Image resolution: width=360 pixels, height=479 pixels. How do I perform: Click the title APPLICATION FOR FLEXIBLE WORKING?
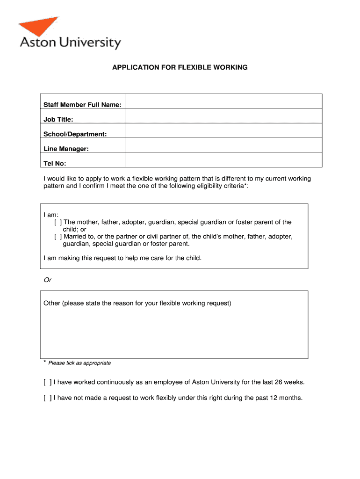tap(180, 67)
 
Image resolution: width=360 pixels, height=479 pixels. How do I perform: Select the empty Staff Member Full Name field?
tap(223, 102)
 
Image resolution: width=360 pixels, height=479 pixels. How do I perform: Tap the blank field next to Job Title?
tap(223, 116)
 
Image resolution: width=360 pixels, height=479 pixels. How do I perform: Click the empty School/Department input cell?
tap(223, 131)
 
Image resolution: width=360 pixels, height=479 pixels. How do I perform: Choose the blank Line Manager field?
tap(223, 145)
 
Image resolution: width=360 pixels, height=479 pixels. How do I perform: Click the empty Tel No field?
tap(223, 160)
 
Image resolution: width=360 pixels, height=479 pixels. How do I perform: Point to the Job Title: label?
tap(58, 120)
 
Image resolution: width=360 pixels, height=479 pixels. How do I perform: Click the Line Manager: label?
tap(66, 149)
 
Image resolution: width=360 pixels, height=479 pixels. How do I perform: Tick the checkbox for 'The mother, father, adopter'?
tap(58, 222)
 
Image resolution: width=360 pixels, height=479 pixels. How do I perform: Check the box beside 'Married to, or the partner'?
tap(58, 237)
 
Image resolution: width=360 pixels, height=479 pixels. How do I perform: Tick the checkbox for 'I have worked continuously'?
tap(47, 382)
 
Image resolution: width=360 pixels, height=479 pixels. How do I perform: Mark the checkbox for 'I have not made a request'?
tap(47, 398)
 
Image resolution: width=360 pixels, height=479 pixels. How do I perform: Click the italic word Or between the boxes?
tap(47, 280)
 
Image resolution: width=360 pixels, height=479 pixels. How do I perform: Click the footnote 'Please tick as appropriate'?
tap(79, 363)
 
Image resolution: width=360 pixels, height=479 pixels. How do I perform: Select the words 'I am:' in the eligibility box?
tap(51, 215)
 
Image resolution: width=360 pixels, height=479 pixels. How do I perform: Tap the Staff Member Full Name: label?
tap(82, 105)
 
